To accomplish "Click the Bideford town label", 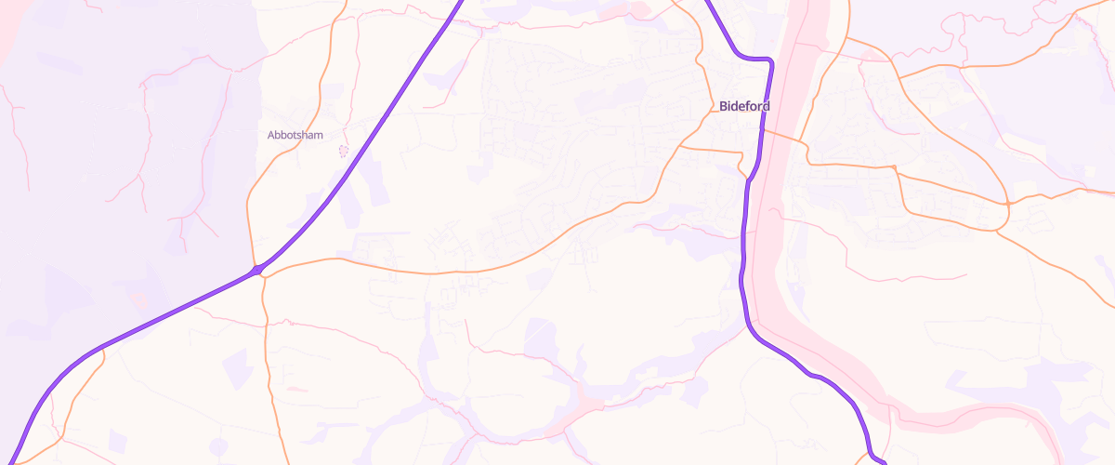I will (x=744, y=106).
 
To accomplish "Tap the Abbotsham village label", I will (x=295, y=135).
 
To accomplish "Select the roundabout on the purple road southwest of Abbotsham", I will (x=257, y=271).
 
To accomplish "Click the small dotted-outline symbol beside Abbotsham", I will (x=343, y=151).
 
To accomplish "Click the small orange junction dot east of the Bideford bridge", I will (x=893, y=167).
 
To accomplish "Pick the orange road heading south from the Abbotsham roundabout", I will (x=268, y=353).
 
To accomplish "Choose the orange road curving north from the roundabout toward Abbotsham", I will (x=249, y=214).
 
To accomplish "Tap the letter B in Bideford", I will (x=723, y=106).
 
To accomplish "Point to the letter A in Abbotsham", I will (x=271, y=135).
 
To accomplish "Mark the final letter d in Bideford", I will (x=766, y=106).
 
